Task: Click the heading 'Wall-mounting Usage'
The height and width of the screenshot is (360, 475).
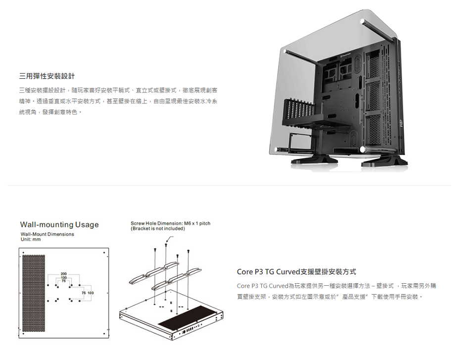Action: click(x=59, y=225)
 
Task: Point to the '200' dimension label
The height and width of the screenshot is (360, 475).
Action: click(x=64, y=274)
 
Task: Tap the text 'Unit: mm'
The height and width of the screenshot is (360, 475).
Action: click(x=31, y=240)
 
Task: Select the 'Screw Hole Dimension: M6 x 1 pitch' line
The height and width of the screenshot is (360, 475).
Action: click(x=170, y=224)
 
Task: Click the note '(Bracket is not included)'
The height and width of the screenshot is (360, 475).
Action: click(x=157, y=229)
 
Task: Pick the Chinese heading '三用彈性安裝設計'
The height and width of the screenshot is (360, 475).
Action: click(x=47, y=76)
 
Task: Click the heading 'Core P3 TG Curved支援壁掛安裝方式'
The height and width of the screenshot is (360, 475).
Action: click(x=296, y=272)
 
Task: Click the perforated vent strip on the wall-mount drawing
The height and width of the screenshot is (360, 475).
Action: click(x=33, y=294)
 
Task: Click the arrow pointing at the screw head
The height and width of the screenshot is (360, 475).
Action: click(x=170, y=240)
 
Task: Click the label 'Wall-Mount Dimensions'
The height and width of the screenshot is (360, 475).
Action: click(x=47, y=234)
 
